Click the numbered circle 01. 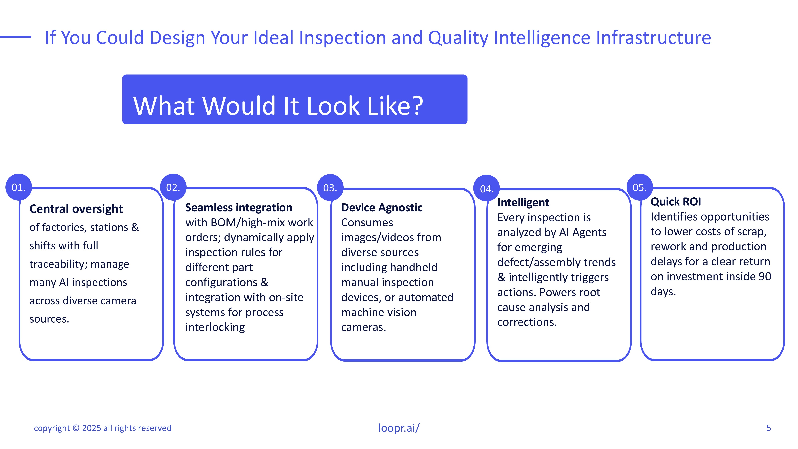[x=19, y=187]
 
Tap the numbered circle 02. [x=173, y=187]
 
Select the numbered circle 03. [x=330, y=187]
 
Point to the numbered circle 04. [x=487, y=188]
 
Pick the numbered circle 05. [x=640, y=187]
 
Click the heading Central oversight [x=76, y=209]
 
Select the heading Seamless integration [x=239, y=207]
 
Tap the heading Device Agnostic [x=382, y=208]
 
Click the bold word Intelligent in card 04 [x=523, y=202]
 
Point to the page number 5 [x=768, y=428]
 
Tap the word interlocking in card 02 [x=215, y=327]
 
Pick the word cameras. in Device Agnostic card [x=364, y=327]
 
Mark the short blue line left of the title [x=16, y=37]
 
